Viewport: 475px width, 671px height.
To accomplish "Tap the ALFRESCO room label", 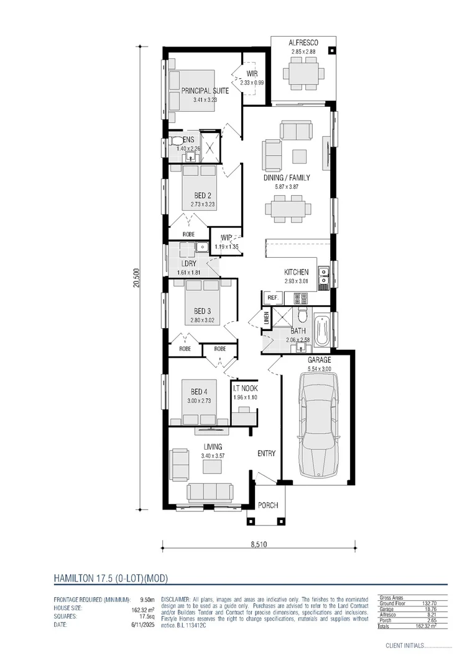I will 303,43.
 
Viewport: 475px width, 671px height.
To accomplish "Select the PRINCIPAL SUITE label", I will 205,91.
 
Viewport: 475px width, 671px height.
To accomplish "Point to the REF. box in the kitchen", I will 272,298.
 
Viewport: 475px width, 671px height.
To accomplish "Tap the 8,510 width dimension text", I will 259,545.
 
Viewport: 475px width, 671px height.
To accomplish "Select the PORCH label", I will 268,505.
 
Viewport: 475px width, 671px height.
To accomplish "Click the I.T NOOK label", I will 245,390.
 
